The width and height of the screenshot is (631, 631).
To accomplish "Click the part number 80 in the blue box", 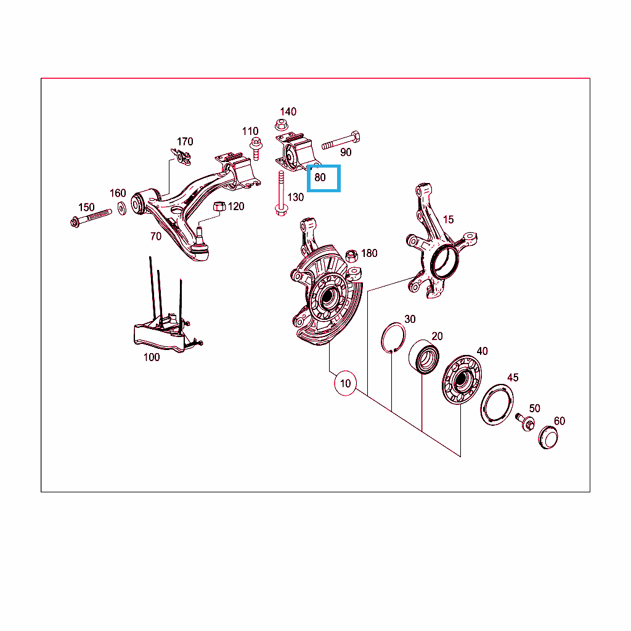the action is [320, 177].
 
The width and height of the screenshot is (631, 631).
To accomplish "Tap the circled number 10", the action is [345, 383].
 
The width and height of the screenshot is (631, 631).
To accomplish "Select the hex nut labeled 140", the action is [281, 124].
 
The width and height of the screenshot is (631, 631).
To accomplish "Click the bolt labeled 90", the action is [341, 140].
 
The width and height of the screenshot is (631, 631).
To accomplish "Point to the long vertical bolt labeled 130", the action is [281, 193].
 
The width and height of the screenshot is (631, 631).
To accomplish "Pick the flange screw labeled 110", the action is [256, 149].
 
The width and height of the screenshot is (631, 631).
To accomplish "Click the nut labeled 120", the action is [219, 206].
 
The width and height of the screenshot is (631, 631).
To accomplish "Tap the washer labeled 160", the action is [121, 208].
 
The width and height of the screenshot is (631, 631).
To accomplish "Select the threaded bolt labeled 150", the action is [91, 218].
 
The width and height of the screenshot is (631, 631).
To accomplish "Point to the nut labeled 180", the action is [351, 256].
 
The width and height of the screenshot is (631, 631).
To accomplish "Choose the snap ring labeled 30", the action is [393, 337].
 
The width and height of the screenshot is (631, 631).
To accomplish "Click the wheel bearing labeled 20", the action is [424, 357].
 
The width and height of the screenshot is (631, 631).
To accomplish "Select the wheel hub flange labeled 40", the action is [462, 380].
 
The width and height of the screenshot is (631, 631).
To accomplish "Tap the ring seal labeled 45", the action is [497, 404].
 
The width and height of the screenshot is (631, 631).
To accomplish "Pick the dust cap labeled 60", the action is [548, 437].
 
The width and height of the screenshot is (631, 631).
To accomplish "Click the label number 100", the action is [152, 357].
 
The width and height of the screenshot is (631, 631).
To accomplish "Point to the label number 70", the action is [156, 236].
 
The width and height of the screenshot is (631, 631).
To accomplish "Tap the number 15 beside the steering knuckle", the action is [449, 219].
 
